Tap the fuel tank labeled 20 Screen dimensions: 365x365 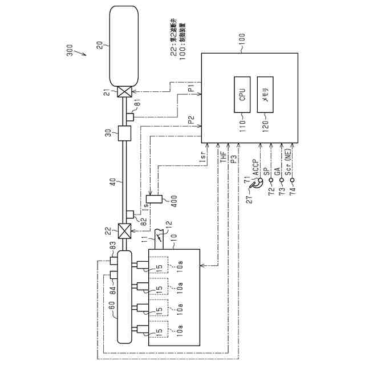[124, 44]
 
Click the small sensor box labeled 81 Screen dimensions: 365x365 [130, 117]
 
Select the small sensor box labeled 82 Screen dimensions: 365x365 [130, 215]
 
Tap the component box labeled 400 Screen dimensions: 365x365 [158, 200]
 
